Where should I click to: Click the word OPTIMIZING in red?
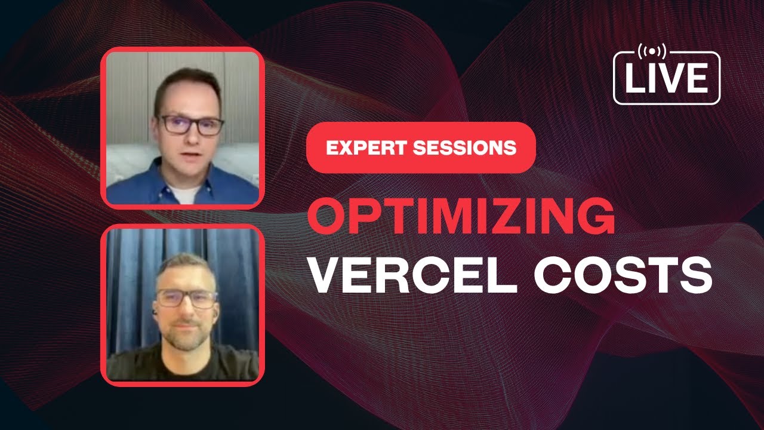[461, 219]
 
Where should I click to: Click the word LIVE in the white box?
[667, 79]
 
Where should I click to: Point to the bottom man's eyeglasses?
[186, 298]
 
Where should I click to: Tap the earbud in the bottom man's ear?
[154, 312]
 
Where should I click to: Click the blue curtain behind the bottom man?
[128, 281]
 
